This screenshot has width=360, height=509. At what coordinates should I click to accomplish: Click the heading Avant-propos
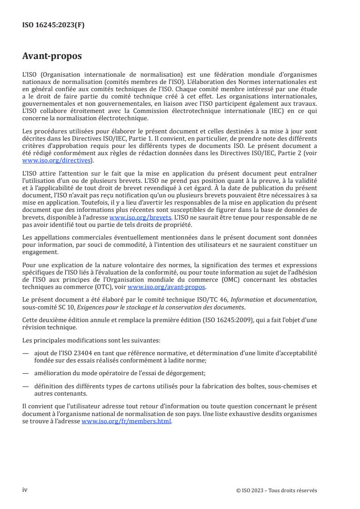(52, 56)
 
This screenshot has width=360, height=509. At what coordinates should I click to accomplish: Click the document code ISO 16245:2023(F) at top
(53, 25)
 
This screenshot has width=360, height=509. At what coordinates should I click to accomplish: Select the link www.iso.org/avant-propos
(167, 287)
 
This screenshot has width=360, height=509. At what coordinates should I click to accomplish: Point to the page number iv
(25, 490)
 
